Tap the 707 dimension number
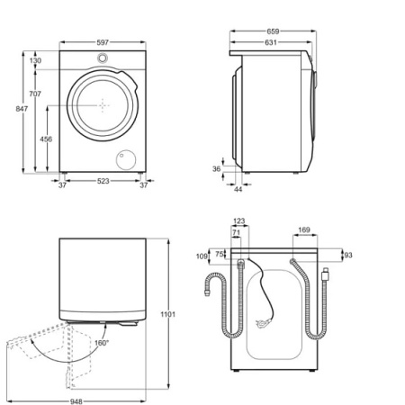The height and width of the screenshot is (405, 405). click(34, 94)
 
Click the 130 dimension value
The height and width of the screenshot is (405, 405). click(34, 60)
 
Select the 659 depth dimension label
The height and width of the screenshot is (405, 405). click(271, 31)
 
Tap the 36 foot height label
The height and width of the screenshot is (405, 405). click(216, 167)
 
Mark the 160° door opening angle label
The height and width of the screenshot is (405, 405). click(102, 342)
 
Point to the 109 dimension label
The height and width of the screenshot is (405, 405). click(201, 256)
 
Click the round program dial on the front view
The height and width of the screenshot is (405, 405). click(102, 59)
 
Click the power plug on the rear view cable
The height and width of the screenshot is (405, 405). click(264, 322)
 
